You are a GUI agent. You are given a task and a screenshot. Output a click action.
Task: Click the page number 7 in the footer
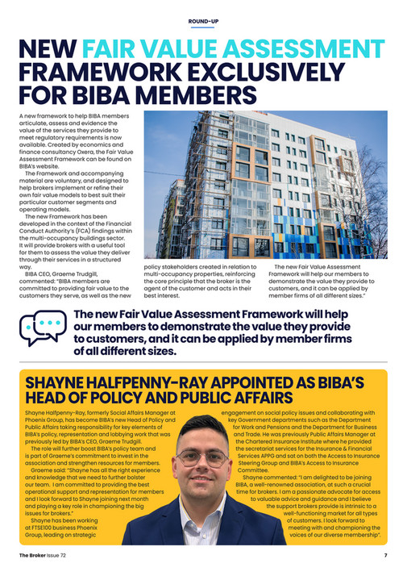[x=385, y=556]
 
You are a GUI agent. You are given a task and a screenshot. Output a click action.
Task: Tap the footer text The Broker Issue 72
[x=46, y=556]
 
